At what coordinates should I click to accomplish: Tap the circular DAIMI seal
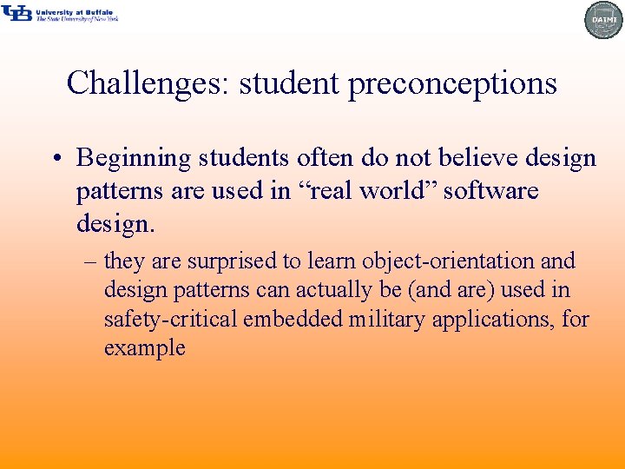click(x=603, y=19)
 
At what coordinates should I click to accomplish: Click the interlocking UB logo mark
click(x=16, y=12)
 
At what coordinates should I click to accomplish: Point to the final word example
click(x=144, y=348)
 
